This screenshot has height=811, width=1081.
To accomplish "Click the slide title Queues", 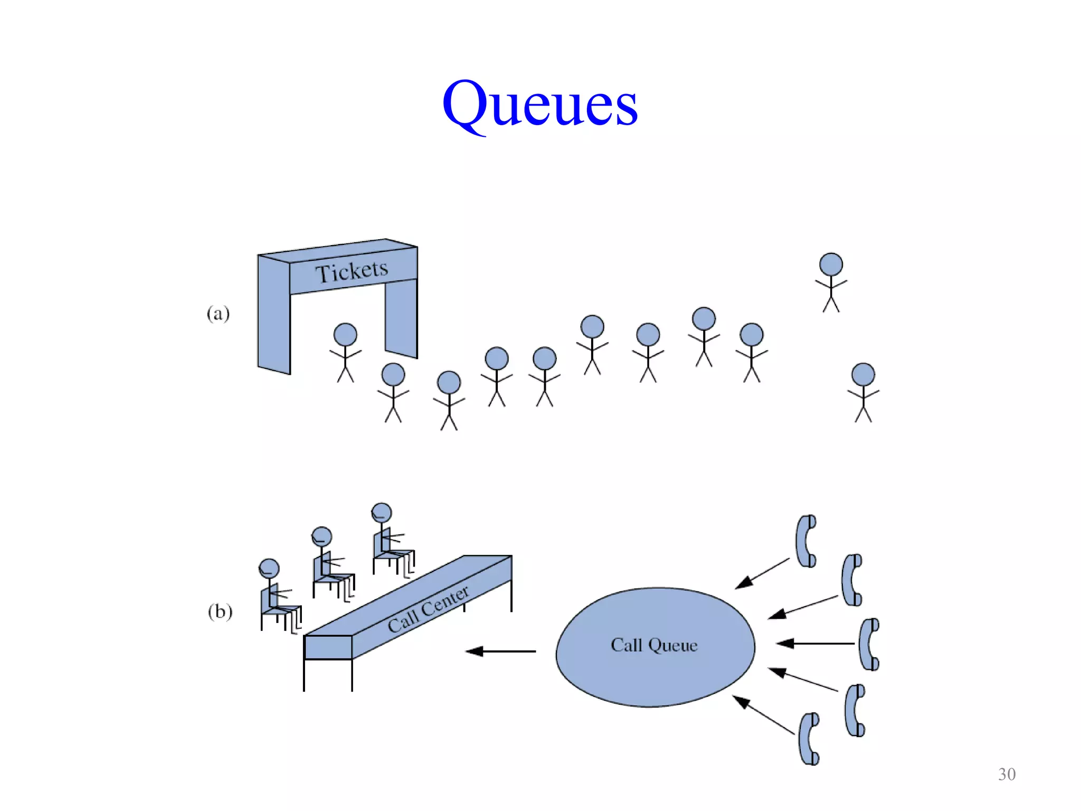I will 539,103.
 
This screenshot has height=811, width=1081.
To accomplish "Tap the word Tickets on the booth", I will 352,271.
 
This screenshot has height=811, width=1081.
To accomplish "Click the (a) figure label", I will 218,314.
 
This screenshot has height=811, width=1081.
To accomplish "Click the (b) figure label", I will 220,611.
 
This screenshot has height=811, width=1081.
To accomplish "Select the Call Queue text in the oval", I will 654,645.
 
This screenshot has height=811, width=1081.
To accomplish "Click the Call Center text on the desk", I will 428,609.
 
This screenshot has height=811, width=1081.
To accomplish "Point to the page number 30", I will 1007,774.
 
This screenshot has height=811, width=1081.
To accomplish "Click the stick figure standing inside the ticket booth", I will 345,351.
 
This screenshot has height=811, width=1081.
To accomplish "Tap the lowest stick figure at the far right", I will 863,391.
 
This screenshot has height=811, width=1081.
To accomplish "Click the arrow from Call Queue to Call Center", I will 500,652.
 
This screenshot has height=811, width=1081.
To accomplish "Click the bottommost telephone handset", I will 809,739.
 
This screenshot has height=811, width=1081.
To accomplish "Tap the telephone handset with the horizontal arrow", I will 869,644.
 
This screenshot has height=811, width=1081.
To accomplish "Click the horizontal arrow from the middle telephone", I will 815,643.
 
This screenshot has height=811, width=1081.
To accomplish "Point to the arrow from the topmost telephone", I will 762,573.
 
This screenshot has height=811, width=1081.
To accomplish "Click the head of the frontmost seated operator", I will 269,569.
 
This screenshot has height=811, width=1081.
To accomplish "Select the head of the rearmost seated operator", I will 381,513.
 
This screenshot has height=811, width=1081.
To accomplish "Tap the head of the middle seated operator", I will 321,537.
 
